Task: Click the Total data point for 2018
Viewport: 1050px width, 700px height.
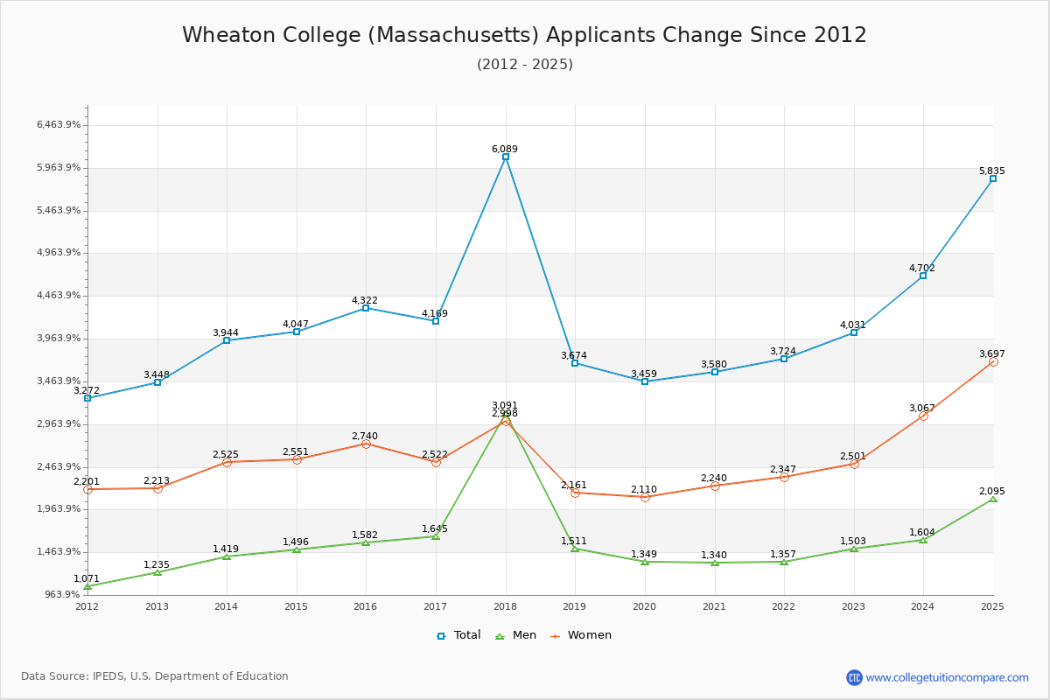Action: [x=506, y=157]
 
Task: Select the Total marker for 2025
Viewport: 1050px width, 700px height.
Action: [x=993, y=178]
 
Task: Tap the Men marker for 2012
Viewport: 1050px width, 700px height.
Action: [x=87, y=585]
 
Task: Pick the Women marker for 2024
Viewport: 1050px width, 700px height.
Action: [x=923, y=416]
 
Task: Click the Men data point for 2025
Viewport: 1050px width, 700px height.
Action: [x=993, y=498]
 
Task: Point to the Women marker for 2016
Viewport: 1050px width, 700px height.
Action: [x=366, y=444]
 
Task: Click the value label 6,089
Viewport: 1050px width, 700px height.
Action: [x=506, y=149]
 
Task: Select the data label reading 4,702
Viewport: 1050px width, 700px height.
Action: [x=922, y=268]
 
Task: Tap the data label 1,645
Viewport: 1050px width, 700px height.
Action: [x=435, y=528]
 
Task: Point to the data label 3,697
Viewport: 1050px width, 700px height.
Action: [x=992, y=353]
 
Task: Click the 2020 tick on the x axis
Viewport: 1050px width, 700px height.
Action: [x=645, y=606]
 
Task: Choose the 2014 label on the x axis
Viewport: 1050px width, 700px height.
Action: [x=227, y=606]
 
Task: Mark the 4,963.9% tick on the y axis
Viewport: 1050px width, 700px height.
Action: [x=59, y=253]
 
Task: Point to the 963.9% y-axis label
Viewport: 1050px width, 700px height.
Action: [x=62, y=594]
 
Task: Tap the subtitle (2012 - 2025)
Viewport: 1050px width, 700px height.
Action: [x=525, y=64]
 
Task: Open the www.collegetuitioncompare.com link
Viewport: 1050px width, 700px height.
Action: [x=947, y=677]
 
